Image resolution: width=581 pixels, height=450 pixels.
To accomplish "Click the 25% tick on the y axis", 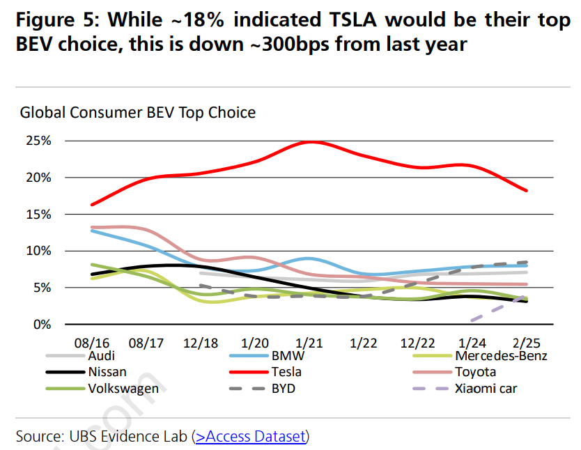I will (39, 141).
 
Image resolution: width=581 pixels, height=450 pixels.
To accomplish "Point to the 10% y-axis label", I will (39, 251).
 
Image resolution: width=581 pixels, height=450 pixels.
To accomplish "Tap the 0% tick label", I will (42, 324).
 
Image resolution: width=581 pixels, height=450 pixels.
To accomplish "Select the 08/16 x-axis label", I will (92, 344).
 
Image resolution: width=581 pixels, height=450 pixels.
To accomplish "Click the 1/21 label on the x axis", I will (310, 344).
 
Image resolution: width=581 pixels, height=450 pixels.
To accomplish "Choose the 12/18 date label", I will (201, 344).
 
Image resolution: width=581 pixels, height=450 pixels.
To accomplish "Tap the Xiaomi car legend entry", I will (486, 388).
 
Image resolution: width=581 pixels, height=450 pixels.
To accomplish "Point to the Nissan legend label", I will (107, 372).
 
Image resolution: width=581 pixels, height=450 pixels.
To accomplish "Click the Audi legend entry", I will (102, 357).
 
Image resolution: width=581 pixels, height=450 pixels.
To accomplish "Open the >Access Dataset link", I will (250, 437).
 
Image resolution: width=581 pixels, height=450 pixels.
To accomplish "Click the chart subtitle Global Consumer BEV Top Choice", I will (137, 112).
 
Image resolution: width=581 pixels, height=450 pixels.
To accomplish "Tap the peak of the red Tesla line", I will (310, 141).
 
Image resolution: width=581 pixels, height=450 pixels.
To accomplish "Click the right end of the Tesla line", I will (527, 190).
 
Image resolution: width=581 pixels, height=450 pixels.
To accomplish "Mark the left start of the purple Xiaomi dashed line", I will (472, 320).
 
